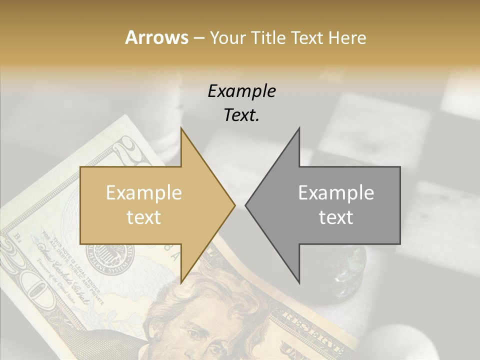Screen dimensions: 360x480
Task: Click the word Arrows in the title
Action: click(x=156, y=37)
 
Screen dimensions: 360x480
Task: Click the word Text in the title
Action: click(x=307, y=38)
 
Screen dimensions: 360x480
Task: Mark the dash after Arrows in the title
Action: click(x=198, y=38)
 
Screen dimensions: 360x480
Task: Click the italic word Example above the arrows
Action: click(x=241, y=91)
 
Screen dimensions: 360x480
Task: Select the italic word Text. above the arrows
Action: click(x=241, y=115)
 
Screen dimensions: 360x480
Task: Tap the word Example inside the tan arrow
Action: click(x=143, y=193)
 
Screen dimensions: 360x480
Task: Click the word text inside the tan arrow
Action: click(x=143, y=217)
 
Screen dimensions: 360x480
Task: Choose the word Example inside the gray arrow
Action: click(x=336, y=193)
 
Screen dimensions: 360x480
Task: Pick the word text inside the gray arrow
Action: click(x=336, y=217)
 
